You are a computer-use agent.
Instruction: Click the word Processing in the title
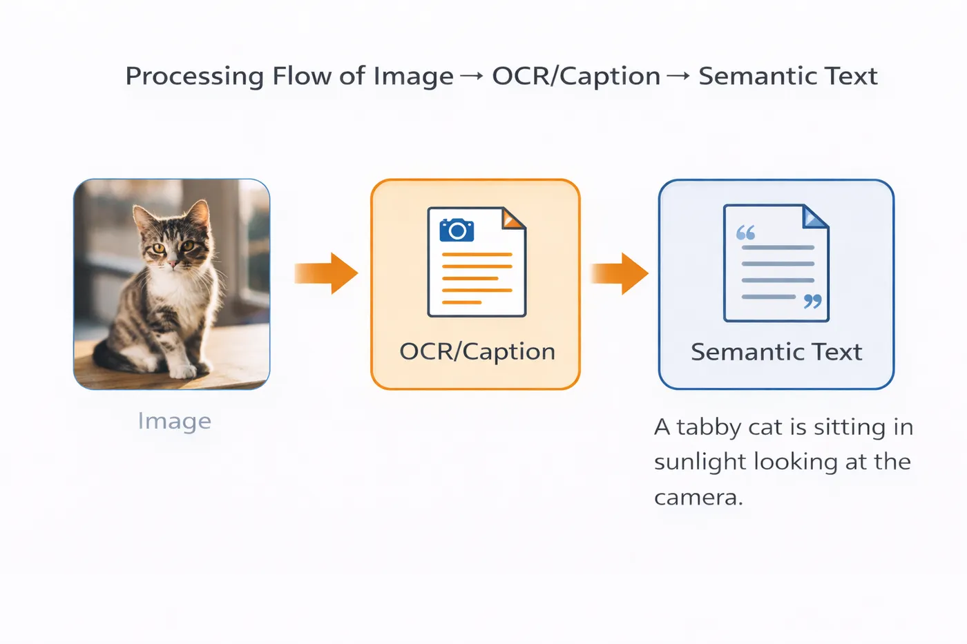[195, 77]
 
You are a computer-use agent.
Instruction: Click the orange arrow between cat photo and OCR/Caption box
[326, 273]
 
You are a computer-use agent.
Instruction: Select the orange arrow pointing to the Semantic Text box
[620, 273]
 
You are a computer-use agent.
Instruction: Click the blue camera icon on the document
[457, 230]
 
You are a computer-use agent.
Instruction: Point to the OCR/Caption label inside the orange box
[477, 351]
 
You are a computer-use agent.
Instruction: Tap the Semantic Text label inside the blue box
[776, 351]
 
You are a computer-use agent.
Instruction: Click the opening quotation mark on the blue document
[745, 233]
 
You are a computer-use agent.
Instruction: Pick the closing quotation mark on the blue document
[812, 302]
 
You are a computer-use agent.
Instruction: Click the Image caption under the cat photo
[174, 421]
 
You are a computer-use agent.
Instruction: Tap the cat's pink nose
[172, 262]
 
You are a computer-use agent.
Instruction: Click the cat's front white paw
[182, 371]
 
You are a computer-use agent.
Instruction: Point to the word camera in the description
[698, 498]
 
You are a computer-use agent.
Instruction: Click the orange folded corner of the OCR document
[513, 219]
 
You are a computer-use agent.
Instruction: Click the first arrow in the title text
[472, 77]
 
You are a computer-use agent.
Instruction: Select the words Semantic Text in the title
[788, 76]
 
